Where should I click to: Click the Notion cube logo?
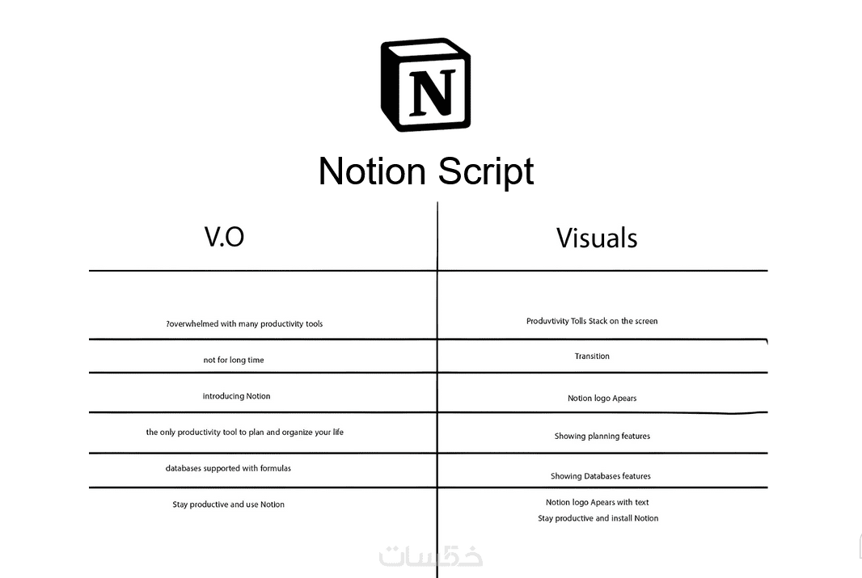pos(425,85)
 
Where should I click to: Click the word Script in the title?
pos(486,172)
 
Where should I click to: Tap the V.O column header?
pos(224,237)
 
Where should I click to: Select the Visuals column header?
pos(597,238)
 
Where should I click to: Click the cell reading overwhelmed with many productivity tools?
pos(245,324)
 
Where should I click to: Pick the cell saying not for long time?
pos(234,360)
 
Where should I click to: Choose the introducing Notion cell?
pos(236,396)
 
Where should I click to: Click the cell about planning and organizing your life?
pos(245,432)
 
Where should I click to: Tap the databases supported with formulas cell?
pos(228,468)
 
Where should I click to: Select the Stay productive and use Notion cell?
pos(228,504)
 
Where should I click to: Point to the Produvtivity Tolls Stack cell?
pos(592,321)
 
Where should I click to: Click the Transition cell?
pos(592,356)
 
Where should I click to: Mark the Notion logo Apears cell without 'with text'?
pos(602,399)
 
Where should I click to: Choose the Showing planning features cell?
pos(602,437)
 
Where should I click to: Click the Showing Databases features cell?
pos(600,476)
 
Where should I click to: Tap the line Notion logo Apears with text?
pos(597,502)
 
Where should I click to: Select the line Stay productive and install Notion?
pos(598,518)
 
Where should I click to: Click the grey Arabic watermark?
pos(431,556)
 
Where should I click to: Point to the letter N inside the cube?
pos(433,92)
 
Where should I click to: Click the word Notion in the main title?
pos(372,171)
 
